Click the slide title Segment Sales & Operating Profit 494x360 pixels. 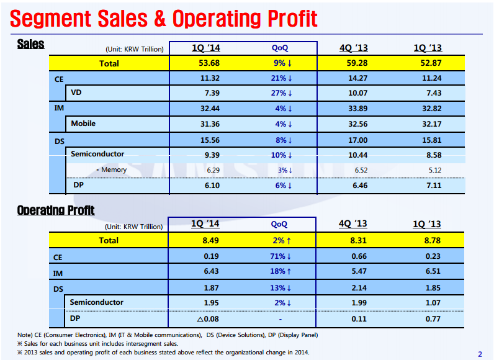tap(164, 19)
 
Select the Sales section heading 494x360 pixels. tap(30, 44)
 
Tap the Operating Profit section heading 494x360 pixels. tap(56, 210)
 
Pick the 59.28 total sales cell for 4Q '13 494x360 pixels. tap(353, 63)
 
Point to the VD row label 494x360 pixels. tap(77, 93)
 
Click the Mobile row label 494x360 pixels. tap(83, 124)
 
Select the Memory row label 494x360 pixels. tap(111, 169)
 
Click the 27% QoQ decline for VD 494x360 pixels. tap(281, 93)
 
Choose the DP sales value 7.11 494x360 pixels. tap(428, 185)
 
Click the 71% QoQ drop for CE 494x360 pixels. tap(281, 256)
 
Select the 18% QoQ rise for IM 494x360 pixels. tap(281, 272)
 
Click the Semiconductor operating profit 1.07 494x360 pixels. tap(428, 302)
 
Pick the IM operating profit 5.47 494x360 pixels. tap(353, 272)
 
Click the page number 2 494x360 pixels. tap(480, 354)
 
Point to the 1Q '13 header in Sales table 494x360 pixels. tap(428, 48)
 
